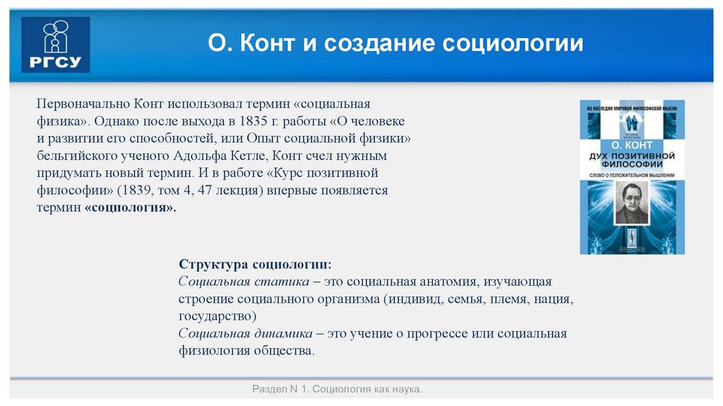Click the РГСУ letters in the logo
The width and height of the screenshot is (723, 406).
pos(55,62)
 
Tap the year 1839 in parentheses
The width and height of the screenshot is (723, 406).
pos(143,190)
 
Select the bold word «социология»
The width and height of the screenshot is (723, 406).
pos(131,208)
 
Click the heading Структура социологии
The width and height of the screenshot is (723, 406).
pos(255,264)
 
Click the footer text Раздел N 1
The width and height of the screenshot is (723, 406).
pos(280,390)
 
